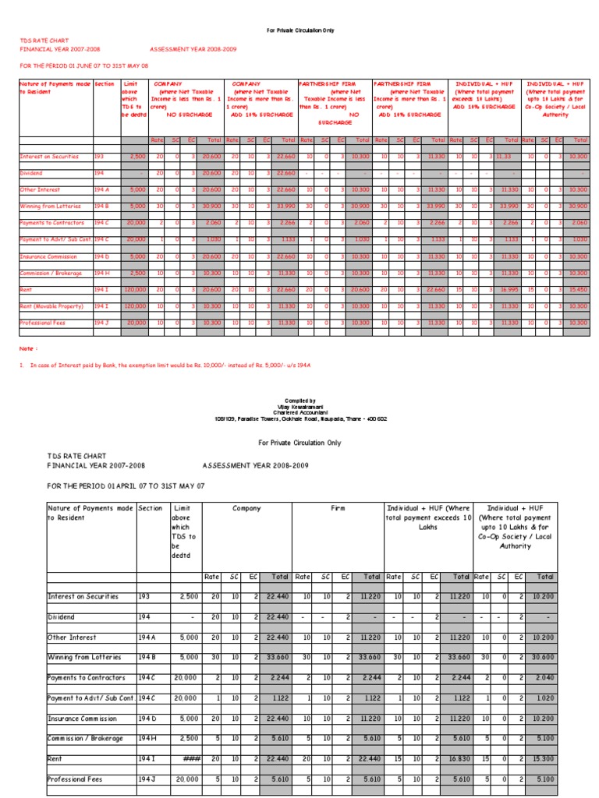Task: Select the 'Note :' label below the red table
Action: (29, 349)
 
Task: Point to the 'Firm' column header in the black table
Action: (338, 508)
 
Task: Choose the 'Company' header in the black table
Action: (246, 508)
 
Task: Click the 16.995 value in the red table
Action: (509, 289)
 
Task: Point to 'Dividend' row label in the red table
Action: (33, 173)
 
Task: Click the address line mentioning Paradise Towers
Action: (300, 418)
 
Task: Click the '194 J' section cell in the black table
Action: (147, 779)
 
